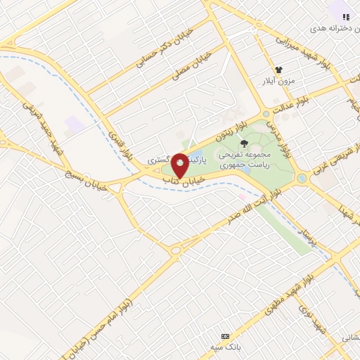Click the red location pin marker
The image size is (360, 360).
(x=180, y=166)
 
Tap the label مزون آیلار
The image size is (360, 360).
(x=280, y=82)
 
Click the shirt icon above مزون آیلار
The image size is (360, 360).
(x=279, y=70)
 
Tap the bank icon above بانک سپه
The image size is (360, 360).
(x=225, y=336)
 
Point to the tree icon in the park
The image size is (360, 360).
(x=244, y=143)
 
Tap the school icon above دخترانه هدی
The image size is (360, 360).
(x=345, y=16)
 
